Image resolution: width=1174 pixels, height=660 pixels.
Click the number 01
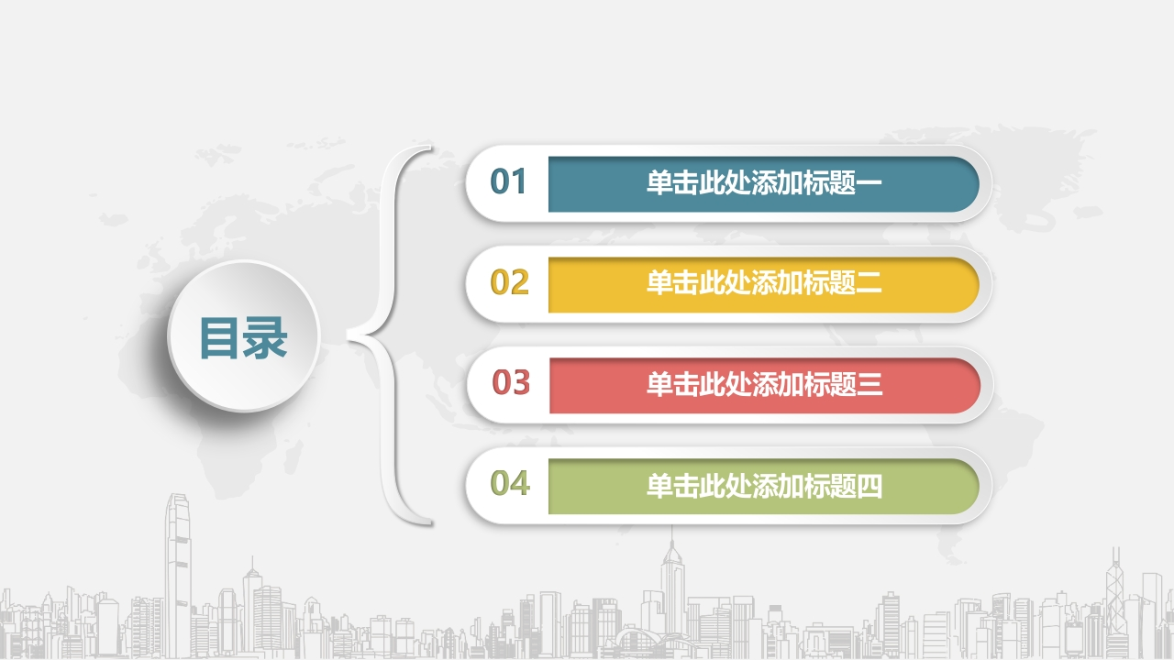click(508, 181)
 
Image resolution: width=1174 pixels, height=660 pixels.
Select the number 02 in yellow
click(509, 282)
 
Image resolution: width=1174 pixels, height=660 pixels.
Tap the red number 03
click(511, 382)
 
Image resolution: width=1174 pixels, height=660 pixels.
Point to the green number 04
click(510, 483)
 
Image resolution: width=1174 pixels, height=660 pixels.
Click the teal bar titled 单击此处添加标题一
click(764, 184)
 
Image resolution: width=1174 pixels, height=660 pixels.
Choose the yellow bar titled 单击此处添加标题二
click(764, 284)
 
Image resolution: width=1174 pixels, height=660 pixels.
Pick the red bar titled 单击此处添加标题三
click(765, 386)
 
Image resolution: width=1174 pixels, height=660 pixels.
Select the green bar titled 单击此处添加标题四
click(764, 486)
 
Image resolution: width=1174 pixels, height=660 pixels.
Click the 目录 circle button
click(244, 335)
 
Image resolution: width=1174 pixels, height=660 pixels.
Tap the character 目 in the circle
click(219, 338)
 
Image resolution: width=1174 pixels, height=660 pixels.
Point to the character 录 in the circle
click(265, 338)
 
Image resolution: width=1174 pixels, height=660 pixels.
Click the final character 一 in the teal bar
click(869, 182)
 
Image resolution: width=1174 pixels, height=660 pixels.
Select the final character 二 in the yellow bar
click(869, 283)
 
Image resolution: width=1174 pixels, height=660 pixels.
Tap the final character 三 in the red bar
click(869, 384)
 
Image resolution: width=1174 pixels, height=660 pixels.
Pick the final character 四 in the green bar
click(869, 486)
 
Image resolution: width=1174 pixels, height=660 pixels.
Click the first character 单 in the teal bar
click(659, 182)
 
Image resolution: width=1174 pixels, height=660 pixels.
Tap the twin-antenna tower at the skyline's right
click(1114, 597)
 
